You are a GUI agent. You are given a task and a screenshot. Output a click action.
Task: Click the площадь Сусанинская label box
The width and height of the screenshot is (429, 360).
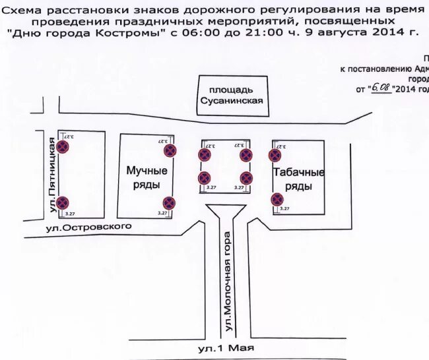[x=231, y=95]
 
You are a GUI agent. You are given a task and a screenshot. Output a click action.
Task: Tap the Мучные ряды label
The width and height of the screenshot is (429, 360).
[x=147, y=177]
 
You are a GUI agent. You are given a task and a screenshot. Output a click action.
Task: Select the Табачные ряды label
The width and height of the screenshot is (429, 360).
[x=298, y=179]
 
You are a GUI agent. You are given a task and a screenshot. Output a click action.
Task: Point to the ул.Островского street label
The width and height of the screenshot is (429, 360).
[x=89, y=227]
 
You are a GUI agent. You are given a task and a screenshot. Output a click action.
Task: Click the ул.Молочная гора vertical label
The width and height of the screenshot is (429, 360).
[x=228, y=281]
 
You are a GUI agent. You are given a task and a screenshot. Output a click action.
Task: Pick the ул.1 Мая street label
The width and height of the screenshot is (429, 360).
[x=226, y=347]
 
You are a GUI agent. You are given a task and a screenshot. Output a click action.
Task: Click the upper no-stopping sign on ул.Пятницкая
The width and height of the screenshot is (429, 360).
[x=63, y=147]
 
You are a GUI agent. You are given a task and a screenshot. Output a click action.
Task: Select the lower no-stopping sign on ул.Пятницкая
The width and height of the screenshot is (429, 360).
[x=63, y=202]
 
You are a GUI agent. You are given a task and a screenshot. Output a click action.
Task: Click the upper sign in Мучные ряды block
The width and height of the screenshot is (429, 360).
[x=170, y=150]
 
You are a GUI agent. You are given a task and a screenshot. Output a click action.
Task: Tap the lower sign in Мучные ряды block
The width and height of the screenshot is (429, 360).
[x=169, y=202]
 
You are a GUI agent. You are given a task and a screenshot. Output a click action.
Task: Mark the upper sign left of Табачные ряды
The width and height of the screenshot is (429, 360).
[x=275, y=155]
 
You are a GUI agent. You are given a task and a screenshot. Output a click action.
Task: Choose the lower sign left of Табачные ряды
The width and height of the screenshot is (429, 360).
[x=277, y=199]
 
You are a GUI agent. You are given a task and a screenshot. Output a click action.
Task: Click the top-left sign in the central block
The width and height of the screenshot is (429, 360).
[x=204, y=155]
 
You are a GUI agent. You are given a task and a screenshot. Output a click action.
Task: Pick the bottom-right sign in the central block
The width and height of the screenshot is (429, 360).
[x=246, y=178]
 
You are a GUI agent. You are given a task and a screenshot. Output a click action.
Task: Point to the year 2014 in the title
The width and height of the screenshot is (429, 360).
[x=387, y=32]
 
